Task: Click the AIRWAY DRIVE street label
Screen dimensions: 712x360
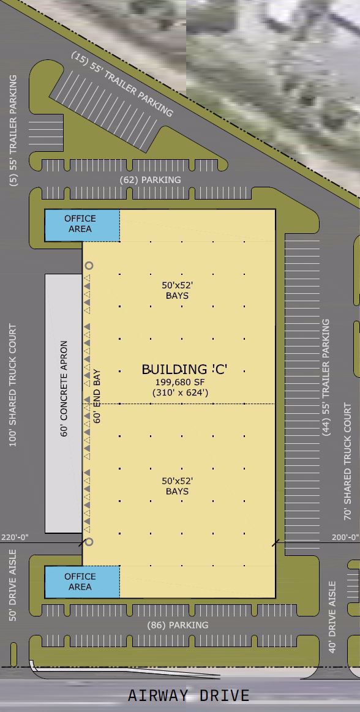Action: pos(189,695)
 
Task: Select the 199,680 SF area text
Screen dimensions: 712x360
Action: pos(180,381)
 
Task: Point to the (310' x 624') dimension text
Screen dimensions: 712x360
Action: pos(180,392)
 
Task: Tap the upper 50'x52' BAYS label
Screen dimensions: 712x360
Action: pos(176,291)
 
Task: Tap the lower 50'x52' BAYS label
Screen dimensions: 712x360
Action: pos(176,487)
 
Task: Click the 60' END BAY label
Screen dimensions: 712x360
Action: pos(97,396)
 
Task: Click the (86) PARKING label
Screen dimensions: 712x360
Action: pos(179,625)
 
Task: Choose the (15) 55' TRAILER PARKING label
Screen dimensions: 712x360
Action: pos(122,84)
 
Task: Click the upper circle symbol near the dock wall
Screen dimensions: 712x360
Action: pos(89,266)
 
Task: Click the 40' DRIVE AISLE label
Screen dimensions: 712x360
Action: pos(333,616)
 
